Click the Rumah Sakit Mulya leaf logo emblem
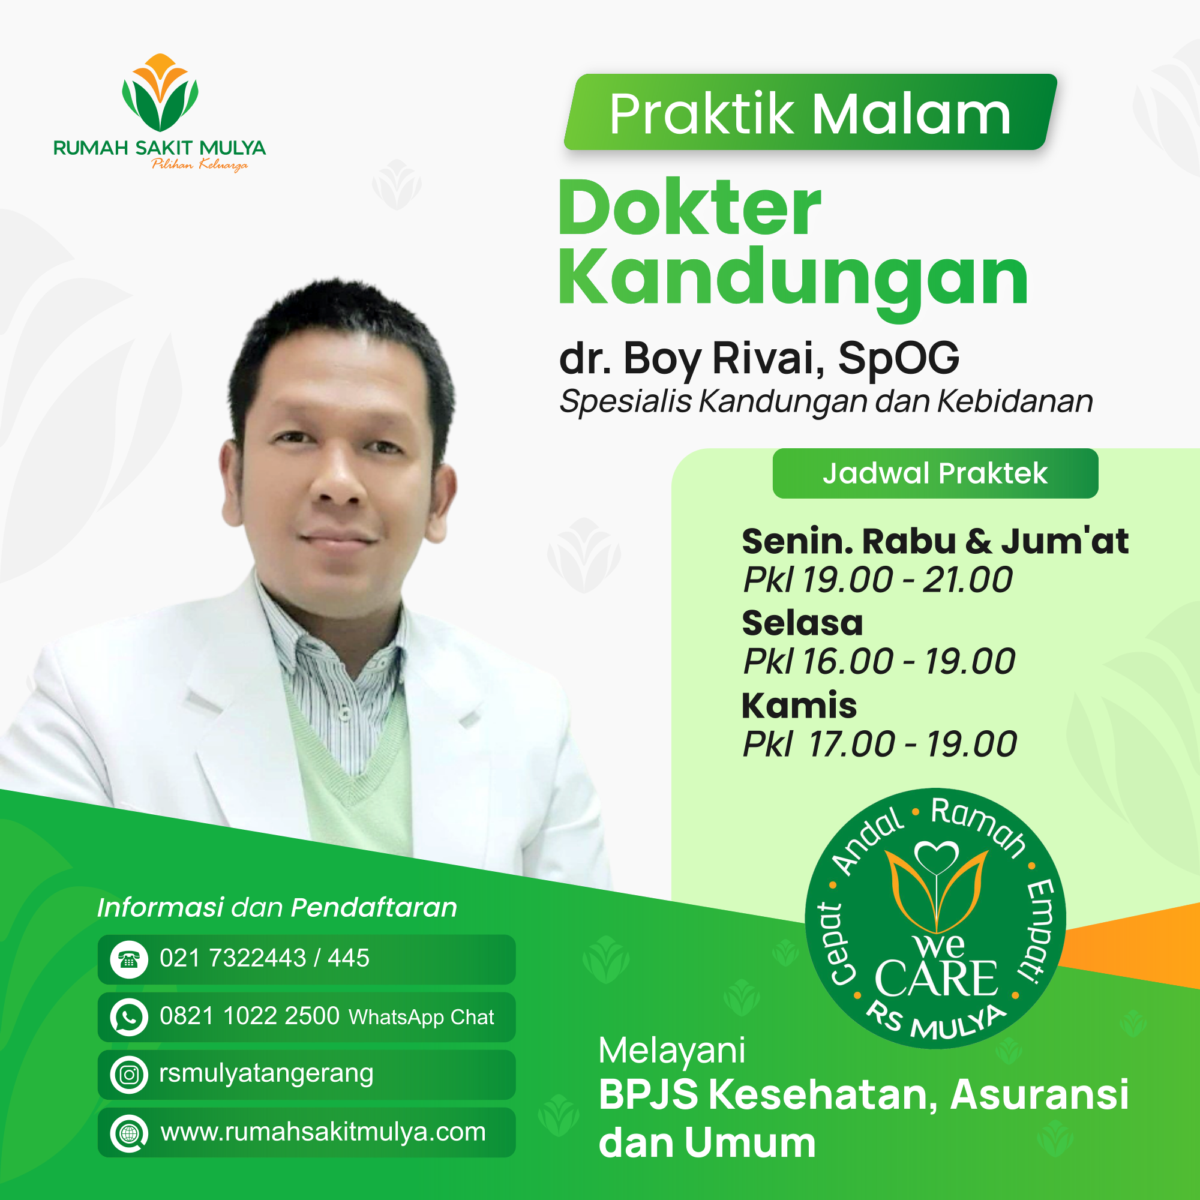[x=160, y=92]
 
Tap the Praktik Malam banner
[x=811, y=112]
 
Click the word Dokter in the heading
[x=690, y=208]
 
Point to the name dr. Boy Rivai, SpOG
[x=759, y=359]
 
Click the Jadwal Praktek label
[x=935, y=473]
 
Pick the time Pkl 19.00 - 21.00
[x=878, y=580]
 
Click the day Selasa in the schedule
[x=802, y=622]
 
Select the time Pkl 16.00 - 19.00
[x=879, y=661]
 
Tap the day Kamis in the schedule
[x=799, y=705]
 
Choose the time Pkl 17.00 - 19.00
[x=880, y=744]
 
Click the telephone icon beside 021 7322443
[x=129, y=959]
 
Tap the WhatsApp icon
[x=129, y=1018]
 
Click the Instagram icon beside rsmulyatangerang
[x=129, y=1075]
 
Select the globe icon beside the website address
[x=129, y=1133]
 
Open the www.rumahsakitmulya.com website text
[x=323, y=1132]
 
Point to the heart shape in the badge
[x=937, y=858]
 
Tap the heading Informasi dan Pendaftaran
[x=277, y=907]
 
